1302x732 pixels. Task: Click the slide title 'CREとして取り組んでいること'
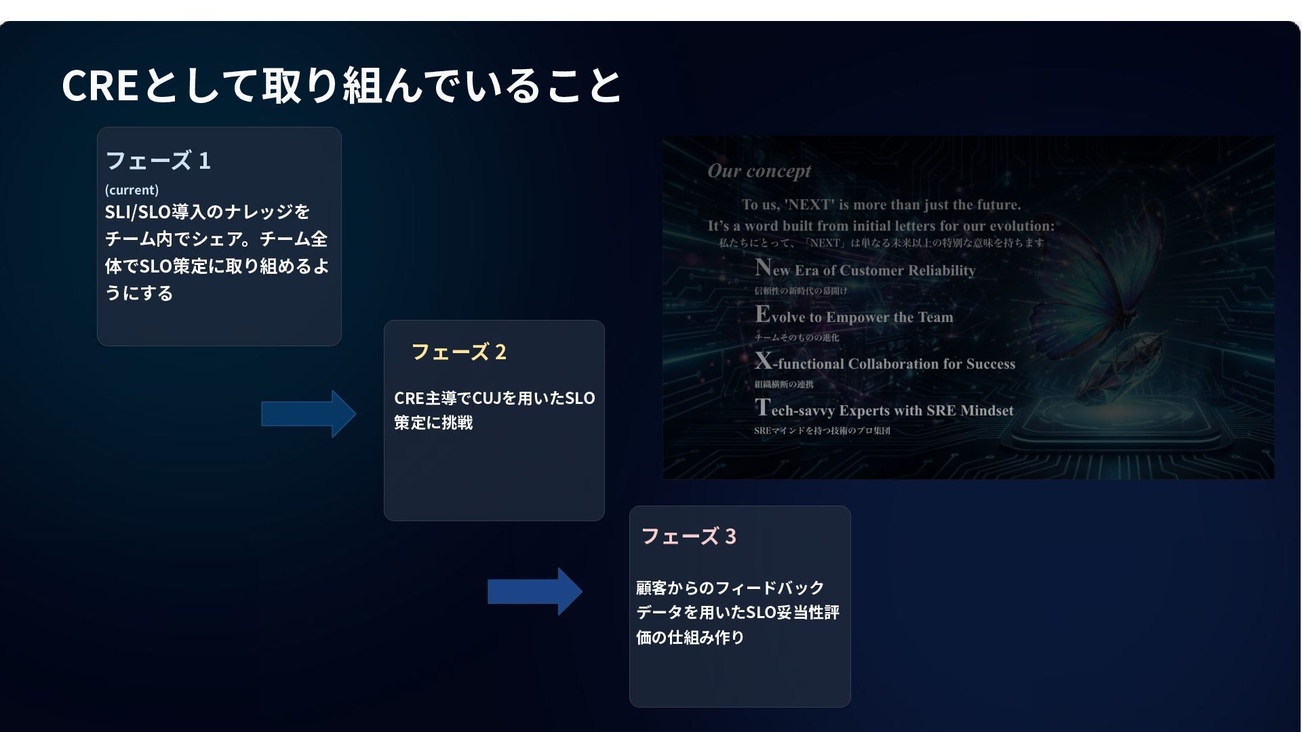tap(341, 86)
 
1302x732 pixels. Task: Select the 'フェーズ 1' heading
tap(158, 161)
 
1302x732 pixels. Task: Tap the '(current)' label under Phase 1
tap(132, 190)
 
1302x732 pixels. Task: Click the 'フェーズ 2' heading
tap(458, 352)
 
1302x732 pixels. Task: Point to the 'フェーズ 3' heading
tap(688, 537)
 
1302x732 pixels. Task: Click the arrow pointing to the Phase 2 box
tap(309, 413)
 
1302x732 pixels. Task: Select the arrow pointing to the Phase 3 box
tap(534, 592)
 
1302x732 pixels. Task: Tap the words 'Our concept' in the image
tap(759, 171)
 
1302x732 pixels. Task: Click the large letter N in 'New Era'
tap(763, 267)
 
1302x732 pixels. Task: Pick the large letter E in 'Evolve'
tap(762, 314)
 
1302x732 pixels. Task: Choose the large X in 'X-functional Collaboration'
tap(764, 361)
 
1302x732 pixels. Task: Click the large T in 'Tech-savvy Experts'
tap(762, 407)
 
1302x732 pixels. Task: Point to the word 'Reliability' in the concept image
tap(941, 270)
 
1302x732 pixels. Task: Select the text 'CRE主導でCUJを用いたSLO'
tap(494, 399)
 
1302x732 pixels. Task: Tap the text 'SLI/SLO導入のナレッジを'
tap(207, 212)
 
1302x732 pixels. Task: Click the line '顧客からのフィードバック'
tap(730, 588)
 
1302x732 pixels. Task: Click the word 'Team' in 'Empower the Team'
tap(935, 317)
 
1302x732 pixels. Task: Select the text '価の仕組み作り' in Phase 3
tap(690, 638)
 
